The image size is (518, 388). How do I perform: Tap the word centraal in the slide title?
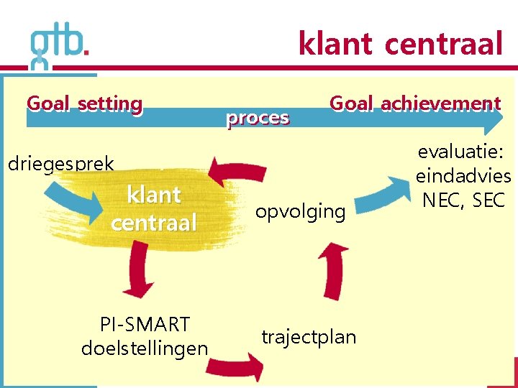pos(443,45)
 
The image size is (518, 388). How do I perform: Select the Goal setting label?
pos(85,104)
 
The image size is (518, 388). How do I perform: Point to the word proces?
pos(258,118)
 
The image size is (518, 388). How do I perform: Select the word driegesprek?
pos(60,164)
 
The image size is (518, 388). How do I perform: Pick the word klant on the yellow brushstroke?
pos(153,195)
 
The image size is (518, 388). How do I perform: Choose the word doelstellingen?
pos(145,349)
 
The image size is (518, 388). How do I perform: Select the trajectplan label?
pos(309,337)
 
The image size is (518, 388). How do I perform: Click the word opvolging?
pos(300,211)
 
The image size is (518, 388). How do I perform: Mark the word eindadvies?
pos(463,176)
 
